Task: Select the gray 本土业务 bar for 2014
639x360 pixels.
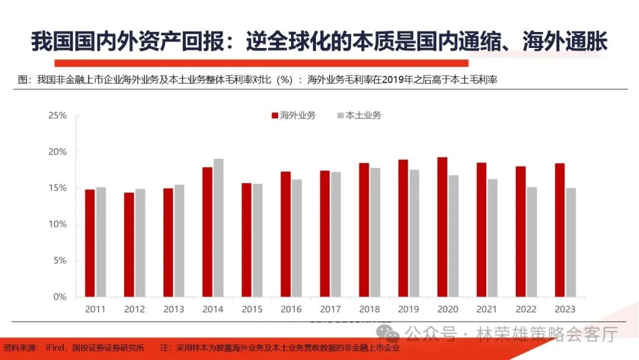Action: coord(218,227)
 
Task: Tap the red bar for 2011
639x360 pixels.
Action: coord(89,243)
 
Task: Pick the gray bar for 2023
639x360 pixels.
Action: coord(570,242)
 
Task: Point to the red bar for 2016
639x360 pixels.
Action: coord(285,234)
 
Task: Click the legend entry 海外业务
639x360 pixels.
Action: coord(293,115)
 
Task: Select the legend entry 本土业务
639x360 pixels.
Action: coord(359,115)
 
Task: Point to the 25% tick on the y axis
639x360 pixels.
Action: coord(57,115)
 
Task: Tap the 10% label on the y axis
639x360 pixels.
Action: coord(57,224)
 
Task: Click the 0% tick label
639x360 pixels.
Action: coord(60,297)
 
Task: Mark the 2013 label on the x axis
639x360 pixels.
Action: coord(174,309)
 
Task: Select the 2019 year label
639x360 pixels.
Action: coord(409,309)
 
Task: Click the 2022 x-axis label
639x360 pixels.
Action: coord(526,309)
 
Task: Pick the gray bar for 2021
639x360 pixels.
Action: coord(492,237)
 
